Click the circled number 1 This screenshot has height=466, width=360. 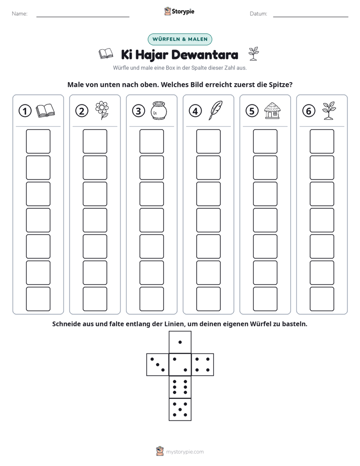25,111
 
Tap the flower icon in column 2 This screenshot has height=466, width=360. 102,110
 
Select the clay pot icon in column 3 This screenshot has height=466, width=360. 159,110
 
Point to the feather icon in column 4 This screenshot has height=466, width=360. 215,110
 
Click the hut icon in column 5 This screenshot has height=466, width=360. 272,110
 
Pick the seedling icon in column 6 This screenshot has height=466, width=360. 329,110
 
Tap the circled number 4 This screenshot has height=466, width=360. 195,111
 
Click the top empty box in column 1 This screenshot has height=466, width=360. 38,141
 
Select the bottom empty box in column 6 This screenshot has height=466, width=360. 322,299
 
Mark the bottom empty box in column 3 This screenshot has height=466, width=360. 151,299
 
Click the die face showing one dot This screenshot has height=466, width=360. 180,342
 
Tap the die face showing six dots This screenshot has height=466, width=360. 180,387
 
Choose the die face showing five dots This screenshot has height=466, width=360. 180,410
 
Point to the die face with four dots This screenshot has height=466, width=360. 203,365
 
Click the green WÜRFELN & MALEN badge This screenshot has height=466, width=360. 180,39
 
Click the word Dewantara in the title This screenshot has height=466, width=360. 205,54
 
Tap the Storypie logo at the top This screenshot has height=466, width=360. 179,11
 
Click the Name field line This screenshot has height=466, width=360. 83,17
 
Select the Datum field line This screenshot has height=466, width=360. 311,17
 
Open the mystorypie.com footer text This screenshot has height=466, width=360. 185,452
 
